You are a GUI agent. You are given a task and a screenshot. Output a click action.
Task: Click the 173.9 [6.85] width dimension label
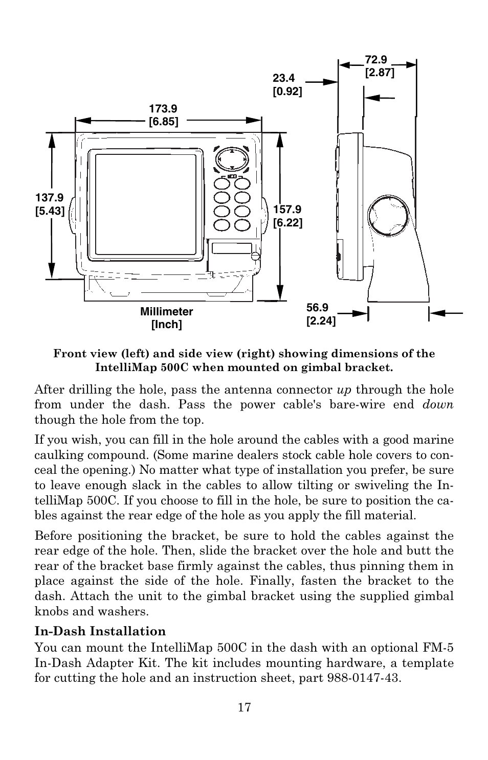tap(163, 115)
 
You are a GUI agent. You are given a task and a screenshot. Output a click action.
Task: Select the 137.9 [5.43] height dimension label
tap(50, 204)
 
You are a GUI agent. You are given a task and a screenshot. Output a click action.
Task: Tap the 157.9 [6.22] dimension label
tap(287, 216)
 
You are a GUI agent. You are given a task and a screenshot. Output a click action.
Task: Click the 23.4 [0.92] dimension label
tap(287, 85)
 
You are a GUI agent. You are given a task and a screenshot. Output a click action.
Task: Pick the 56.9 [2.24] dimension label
tap(321, 314)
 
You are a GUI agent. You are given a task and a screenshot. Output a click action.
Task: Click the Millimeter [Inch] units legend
tap(167, 318)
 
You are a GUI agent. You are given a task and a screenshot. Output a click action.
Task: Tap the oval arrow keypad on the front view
tap(232, 158)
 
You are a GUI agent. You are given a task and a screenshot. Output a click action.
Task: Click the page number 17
tap(244, 707)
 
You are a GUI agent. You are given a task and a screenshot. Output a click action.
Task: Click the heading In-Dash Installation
tap(100, 631)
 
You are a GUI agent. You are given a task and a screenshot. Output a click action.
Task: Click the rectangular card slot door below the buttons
tap(231, 248)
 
